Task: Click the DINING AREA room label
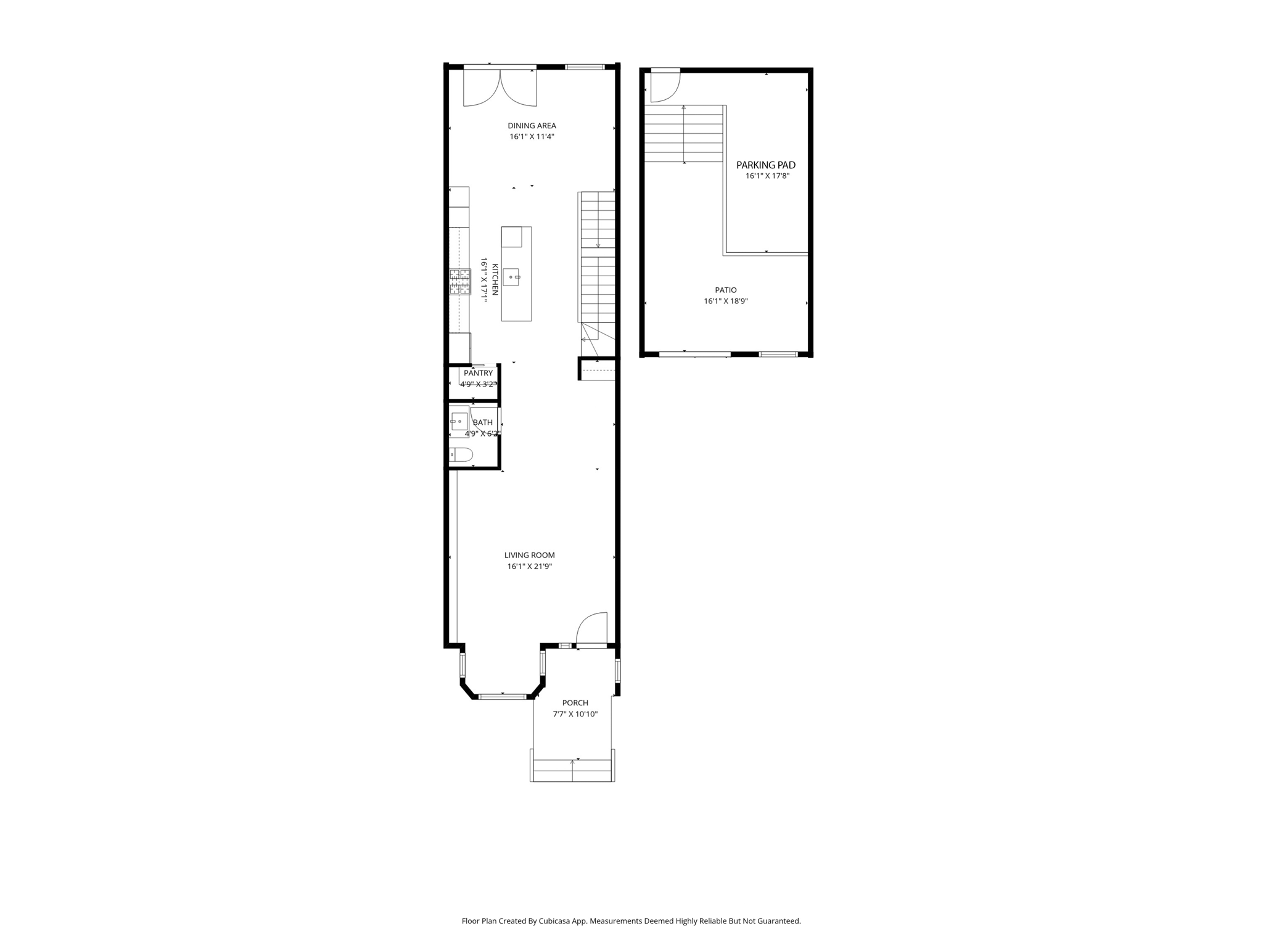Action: coord(532,126)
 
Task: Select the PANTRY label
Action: coord(478,373)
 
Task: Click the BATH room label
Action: coord(483,422)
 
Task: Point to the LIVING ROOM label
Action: coord(529,555)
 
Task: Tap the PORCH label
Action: coord(575,703)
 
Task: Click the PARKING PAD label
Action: coord(766,165)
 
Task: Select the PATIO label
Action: coord(726,290)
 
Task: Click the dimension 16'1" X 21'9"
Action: coord(529,567)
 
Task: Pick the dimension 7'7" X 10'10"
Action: coord(575,715)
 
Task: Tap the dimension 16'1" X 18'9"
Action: coord(726,301)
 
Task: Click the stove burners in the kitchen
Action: coord(459,282)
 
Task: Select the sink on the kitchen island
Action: coord(512,277)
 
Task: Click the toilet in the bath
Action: coord(461,455)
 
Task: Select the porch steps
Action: coord(572,771)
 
